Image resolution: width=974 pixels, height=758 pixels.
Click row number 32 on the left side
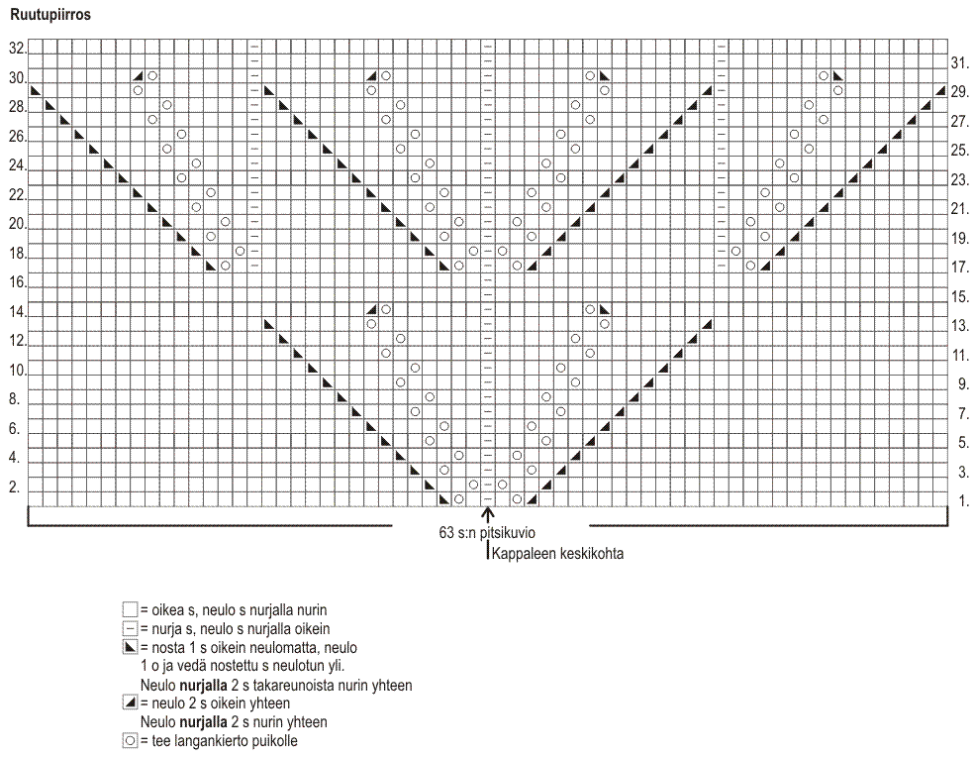(x=17, y=48)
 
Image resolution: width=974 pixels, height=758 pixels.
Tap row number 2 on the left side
(x=15, y=487)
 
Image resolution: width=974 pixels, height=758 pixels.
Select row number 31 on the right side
(x=959, y=61)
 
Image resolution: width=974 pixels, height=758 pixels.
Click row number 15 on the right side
(x=959, y=296)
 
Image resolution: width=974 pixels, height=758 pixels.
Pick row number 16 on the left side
(x=17, y=282)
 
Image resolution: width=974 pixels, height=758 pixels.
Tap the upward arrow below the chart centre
(x=487, y=514)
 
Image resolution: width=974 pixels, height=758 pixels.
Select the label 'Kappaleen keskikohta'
(x=557, y=554)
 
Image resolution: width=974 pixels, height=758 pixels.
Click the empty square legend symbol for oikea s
(x=130, y=609)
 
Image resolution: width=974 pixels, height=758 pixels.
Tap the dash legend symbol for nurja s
(x=130, y=628)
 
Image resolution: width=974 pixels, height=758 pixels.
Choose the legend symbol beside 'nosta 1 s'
(x=130, y=647)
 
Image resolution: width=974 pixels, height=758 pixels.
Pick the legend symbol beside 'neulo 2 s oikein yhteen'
(x=130, y=704)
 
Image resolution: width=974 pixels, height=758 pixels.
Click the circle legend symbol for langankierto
(x=130, y=741)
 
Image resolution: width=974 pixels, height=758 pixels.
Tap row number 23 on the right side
(x=959, y=179)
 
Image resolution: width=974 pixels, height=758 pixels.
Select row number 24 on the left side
(x=17, y=165)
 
